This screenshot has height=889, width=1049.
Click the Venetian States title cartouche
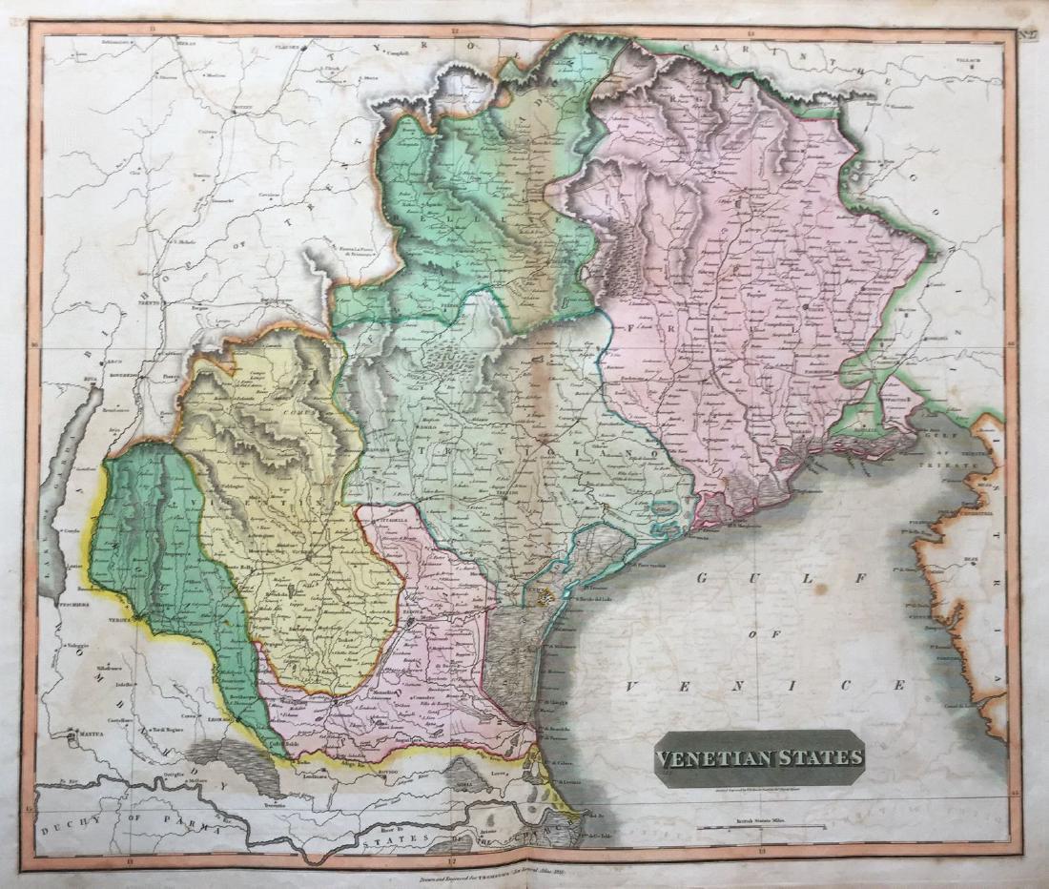click(759, 758)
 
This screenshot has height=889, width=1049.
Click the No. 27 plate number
click(1028, 37)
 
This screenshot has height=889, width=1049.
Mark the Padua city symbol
click(409, 622)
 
